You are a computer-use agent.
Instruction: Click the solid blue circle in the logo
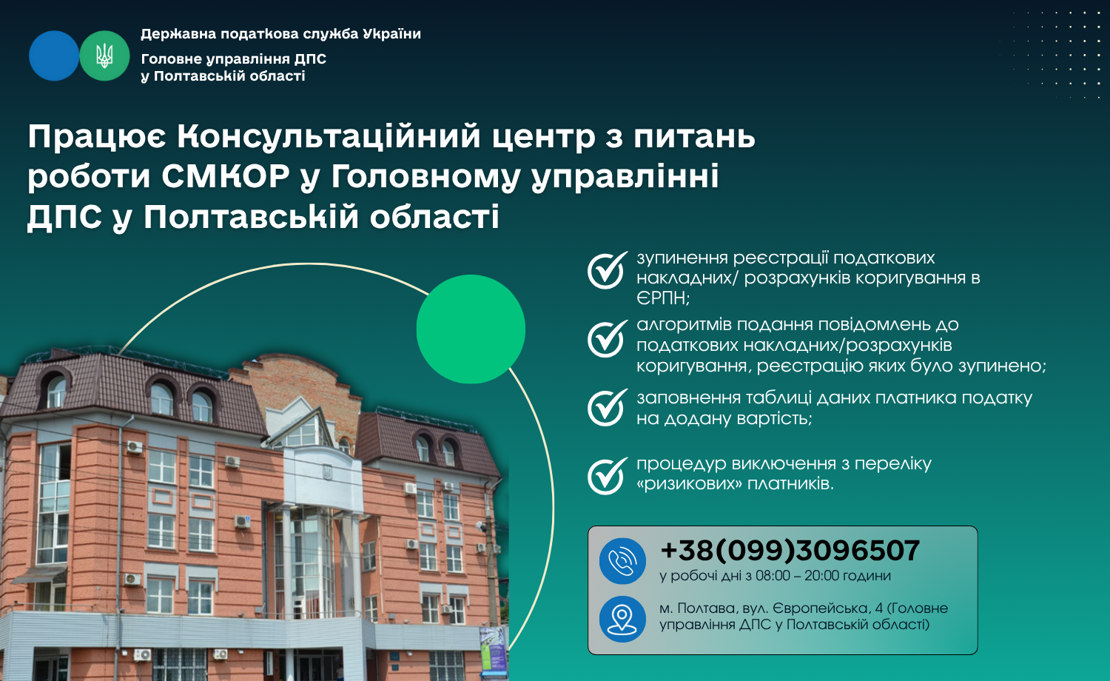(x=54, y=56)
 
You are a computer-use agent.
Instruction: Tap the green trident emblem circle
(x=104, y=56)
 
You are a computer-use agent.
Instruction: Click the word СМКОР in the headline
(x=226, y=176)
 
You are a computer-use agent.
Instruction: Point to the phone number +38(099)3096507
(x=790, y=550)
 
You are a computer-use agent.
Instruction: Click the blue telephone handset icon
(x=622, y=561)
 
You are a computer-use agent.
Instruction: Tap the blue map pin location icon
(x=622, y=619)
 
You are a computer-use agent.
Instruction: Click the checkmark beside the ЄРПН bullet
(x=607, y=270)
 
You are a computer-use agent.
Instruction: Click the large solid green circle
(x=471, y=329)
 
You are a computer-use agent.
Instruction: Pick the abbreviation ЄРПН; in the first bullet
(x=663, y=298)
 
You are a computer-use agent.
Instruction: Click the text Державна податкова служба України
(x=281, y=34)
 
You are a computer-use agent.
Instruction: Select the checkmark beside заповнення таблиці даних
(x=607, y=407)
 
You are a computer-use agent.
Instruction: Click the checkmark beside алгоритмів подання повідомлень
(x=607, y=338)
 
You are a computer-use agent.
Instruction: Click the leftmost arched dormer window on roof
(x=56, y=391)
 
